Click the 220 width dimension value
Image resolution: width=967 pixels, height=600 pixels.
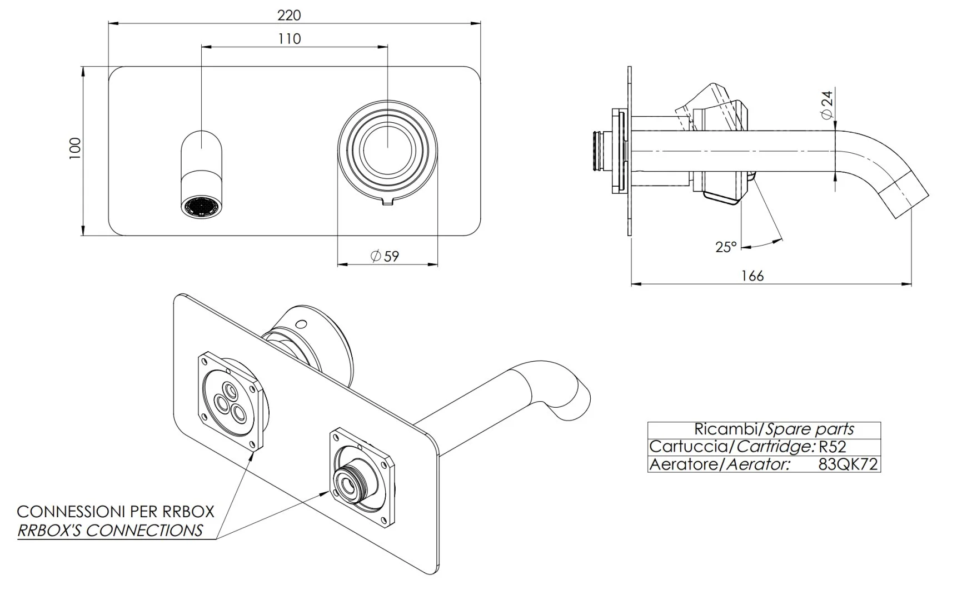(x=289, y=15)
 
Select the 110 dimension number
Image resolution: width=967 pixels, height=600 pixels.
(x=289, y=39)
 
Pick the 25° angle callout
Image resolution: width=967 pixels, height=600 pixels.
(x=726, y=247)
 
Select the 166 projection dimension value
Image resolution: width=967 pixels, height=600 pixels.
(x=752, y=276)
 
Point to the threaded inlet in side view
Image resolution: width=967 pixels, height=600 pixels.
(x=600, y=151)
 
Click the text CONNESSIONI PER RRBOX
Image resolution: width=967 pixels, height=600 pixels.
(x=116, y=511)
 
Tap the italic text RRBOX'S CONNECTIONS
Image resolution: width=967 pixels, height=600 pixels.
(x=110, y=531)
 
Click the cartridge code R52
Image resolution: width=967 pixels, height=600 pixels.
(x=833, y=447)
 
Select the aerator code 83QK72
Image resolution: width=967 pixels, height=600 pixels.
(x=848, y=464)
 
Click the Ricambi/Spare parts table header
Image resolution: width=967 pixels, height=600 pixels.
(x=774, y=429)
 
